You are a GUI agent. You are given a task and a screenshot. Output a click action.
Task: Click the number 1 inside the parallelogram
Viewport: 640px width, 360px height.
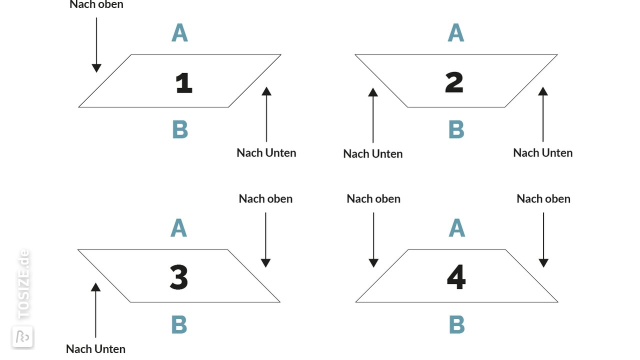[x=183, y=83]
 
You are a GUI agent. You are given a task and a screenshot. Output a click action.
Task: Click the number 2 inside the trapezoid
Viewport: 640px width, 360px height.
[x=454, y=82]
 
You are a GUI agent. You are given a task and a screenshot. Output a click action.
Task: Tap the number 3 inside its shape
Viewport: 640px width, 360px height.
[x=179, y=277]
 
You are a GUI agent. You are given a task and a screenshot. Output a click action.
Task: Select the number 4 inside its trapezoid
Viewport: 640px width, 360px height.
[x=456, y=277]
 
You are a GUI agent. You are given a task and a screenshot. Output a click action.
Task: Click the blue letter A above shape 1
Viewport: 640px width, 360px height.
[x=179, y=33]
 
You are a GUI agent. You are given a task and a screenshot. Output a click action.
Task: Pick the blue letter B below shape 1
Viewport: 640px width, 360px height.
[x=180, y=129]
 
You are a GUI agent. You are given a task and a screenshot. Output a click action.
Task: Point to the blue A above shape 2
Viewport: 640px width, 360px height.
[x=455, y=33]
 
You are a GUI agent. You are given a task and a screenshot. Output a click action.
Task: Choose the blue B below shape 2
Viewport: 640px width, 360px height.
[x=456, y=129]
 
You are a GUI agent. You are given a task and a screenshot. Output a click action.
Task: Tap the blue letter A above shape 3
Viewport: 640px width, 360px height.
[x=178, y=228]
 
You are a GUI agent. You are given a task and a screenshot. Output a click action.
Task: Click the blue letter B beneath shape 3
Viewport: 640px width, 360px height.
[x=179, y=324]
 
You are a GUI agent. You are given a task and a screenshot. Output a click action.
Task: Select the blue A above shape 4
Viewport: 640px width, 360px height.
[x=457, y=228]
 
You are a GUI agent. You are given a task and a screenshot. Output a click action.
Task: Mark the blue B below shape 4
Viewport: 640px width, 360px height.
[x=457, y=324]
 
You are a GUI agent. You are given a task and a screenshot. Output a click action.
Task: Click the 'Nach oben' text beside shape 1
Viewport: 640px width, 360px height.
[x=96, y=4]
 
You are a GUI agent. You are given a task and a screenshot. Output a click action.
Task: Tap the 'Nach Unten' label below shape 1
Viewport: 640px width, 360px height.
[x=266, y=153]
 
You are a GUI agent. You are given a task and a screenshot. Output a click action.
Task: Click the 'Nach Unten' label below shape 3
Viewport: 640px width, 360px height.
[x=95, y=349]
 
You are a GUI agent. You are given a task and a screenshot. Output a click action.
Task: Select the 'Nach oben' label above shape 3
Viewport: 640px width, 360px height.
[x=265, y=199]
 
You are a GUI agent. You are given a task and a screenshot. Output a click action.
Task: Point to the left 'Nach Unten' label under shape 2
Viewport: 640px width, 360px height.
[x=373, y=154]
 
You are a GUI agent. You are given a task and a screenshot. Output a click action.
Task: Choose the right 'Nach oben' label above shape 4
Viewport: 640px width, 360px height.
[x=543, y=199]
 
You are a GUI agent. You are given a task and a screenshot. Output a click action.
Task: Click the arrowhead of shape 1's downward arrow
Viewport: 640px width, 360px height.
[x=96, y=68]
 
